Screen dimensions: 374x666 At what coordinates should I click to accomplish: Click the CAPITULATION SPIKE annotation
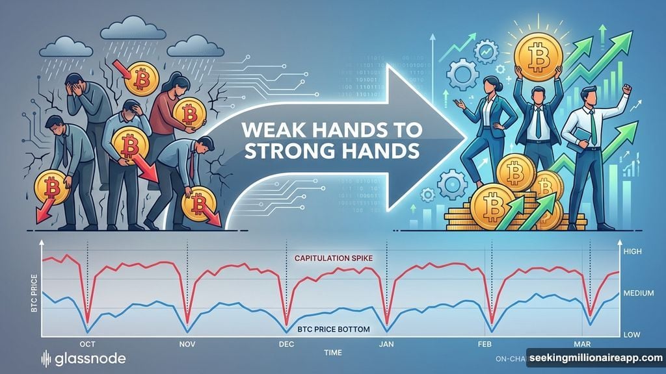pos(332,258)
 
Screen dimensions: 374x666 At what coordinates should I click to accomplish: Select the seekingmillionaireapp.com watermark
pos(595,358)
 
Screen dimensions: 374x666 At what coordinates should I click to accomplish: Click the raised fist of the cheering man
pos(626,88)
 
